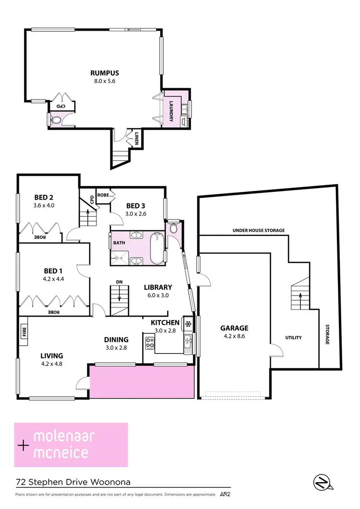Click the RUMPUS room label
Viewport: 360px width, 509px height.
pos(105,73)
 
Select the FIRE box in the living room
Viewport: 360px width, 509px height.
pos(24,331)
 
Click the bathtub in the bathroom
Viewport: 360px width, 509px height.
pos(157,248)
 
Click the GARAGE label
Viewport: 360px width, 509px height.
pos(234,328)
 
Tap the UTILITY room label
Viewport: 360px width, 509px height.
pos(293,338)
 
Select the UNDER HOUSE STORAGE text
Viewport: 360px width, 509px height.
pos(259,230)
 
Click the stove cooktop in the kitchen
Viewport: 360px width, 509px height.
pos(150,343)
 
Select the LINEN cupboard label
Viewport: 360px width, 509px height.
pos(137,139)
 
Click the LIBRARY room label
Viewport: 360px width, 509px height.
pos(158,287)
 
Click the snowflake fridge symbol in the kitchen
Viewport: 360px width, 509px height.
pos(189,323)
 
